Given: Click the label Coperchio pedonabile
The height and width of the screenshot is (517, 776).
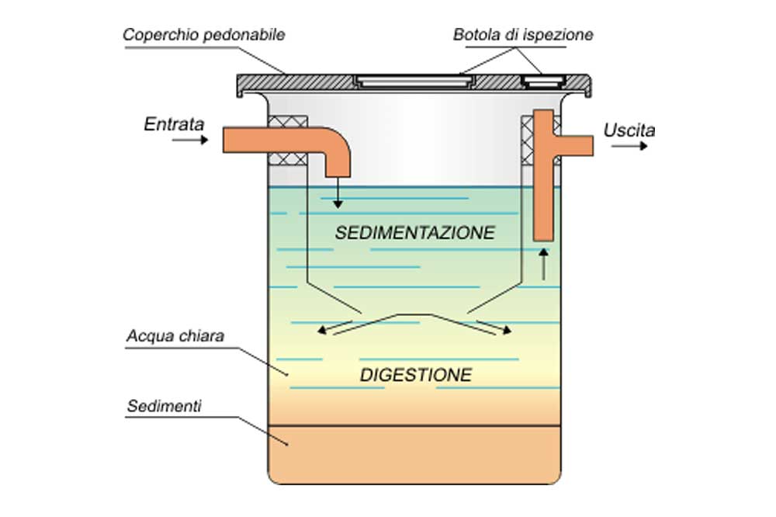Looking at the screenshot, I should [204, 35].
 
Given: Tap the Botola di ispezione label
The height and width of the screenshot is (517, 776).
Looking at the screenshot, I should [523, 35].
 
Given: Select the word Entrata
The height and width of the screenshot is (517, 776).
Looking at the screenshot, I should [174, 123].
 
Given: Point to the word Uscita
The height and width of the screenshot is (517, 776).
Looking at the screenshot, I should [629, 130].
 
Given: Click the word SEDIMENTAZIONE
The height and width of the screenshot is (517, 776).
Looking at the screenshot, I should [414, 232].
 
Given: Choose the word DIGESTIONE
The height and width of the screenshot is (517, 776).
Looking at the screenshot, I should [416, 375].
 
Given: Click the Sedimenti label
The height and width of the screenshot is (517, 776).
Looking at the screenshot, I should [164, 406].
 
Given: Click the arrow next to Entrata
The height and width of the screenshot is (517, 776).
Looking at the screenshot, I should [191, 141].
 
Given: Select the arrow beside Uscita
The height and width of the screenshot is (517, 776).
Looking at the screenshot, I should [629, 146].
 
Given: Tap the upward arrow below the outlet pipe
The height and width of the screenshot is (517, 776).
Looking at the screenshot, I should [543, 263].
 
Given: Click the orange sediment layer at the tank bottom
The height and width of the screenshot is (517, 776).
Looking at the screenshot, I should [414, 453].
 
